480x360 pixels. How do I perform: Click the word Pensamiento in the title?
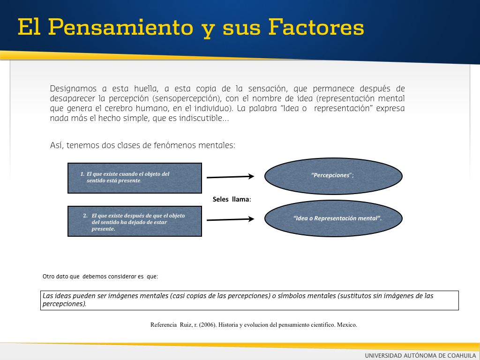120,27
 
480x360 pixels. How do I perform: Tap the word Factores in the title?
316,27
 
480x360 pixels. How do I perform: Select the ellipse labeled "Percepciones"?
333,176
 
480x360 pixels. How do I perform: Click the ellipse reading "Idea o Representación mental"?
333,218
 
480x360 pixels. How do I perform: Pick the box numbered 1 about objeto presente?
135,178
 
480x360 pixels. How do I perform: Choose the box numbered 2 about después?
135,221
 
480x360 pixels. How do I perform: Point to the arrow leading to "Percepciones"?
230,177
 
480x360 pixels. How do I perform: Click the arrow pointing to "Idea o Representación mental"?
230,219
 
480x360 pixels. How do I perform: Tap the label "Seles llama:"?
232,199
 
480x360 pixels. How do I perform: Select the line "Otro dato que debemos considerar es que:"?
100,277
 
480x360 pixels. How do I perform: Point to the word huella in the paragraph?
146,89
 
